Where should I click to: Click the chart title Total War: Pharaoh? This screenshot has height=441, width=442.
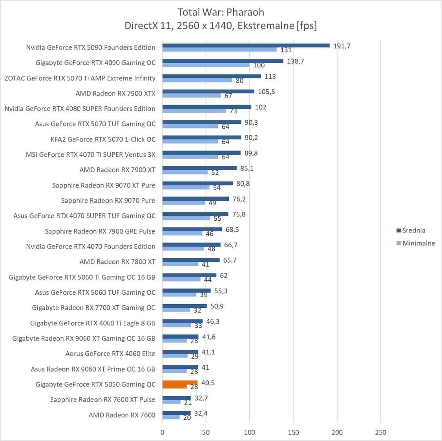click(221, 12)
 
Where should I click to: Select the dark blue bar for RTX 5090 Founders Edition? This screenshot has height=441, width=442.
click(246, 45)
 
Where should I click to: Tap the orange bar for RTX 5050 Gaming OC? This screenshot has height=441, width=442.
click(180, 383)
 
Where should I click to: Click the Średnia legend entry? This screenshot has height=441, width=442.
click(413, 230)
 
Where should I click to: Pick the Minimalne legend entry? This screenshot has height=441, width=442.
click(418, 243)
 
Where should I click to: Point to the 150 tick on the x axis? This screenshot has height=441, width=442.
click(293, 432)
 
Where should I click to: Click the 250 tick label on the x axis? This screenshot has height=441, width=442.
click(380, 432)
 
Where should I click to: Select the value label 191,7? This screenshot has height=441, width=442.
click(342, 46)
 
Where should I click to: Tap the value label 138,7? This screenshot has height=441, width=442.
click(296, 61)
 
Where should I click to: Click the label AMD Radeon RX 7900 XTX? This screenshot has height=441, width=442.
click(115, 93)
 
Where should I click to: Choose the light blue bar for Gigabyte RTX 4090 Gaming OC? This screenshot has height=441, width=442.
click(206, 65)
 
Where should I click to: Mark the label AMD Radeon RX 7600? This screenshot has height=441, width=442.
click(122, 415)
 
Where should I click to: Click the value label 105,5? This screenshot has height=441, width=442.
click(267, 92)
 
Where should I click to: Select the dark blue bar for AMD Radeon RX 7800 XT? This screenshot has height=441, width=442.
click(191, 260)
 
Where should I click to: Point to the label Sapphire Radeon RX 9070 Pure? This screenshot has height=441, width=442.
click(108, 200)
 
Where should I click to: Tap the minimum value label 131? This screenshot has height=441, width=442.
click(286, 50)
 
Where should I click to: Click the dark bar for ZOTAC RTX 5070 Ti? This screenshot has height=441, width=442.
click(212, 76)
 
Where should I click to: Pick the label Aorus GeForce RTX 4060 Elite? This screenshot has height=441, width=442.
click(110, 354)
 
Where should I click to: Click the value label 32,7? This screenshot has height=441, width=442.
click(201, 398)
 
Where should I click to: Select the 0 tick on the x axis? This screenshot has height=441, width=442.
click(163, 432)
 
